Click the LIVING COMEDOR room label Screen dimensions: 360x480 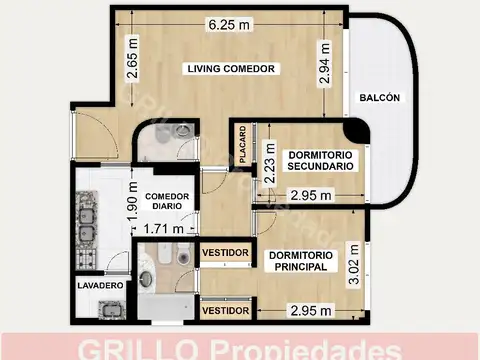[x=231, y=68]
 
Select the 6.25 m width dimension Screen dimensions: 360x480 [x=230, y=23]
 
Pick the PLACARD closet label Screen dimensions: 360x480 [x=242, y=146]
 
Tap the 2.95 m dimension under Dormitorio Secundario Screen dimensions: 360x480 [x=309, y=196]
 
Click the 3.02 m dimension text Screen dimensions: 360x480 [x=352, y=263]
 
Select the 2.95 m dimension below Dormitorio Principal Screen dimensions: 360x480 [x=309, y=310]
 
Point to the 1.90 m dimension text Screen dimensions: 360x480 [x=132, y=205]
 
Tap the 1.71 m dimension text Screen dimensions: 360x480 [x=164, y=229]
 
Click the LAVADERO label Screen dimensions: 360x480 [x=100, y=286]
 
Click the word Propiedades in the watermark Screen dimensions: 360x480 [x=304, y=349]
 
